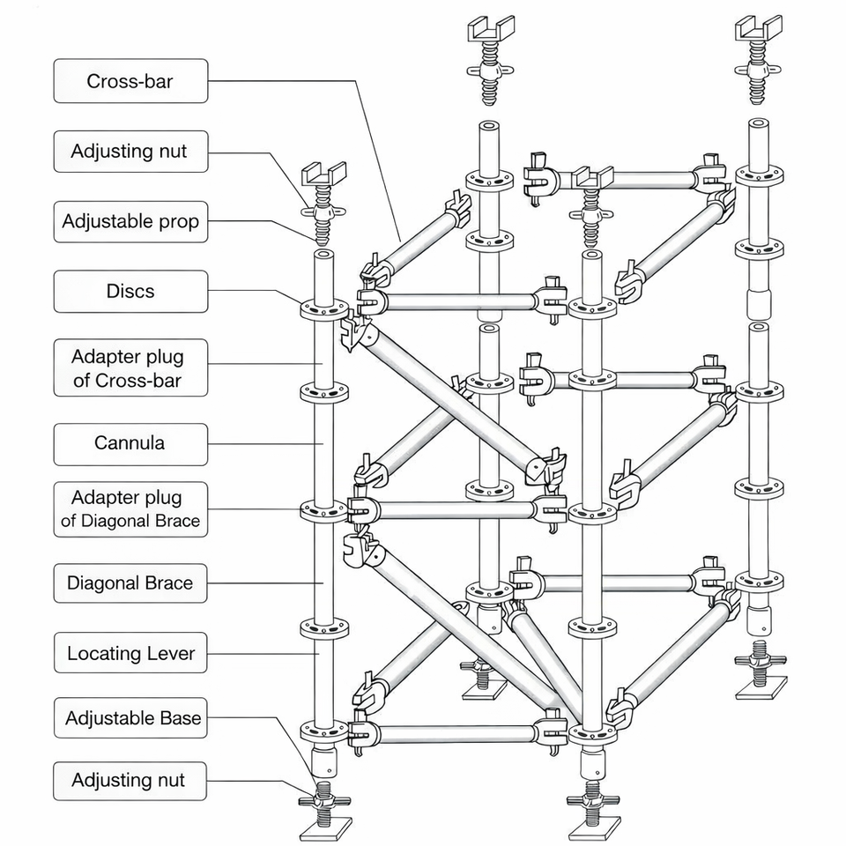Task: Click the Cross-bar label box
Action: [130, 81]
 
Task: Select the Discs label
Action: [130, 292]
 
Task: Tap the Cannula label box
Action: [130, 444]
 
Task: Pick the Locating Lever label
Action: [130, 653]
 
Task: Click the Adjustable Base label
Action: [130, 717]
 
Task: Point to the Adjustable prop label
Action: [130, 222]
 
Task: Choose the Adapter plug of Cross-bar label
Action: [130, 367]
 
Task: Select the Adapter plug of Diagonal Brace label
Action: [130, 509]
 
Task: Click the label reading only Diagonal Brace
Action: [130, 583]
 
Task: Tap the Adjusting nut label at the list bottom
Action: [130, 781]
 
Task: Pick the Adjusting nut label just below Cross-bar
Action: [130, 151]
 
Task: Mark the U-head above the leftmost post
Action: [323, 174]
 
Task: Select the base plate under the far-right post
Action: [761, 687]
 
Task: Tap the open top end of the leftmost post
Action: [323, 254]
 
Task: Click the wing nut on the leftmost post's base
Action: [323, 801]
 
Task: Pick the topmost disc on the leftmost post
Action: [323, 309]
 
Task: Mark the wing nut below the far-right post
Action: [761, 659]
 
